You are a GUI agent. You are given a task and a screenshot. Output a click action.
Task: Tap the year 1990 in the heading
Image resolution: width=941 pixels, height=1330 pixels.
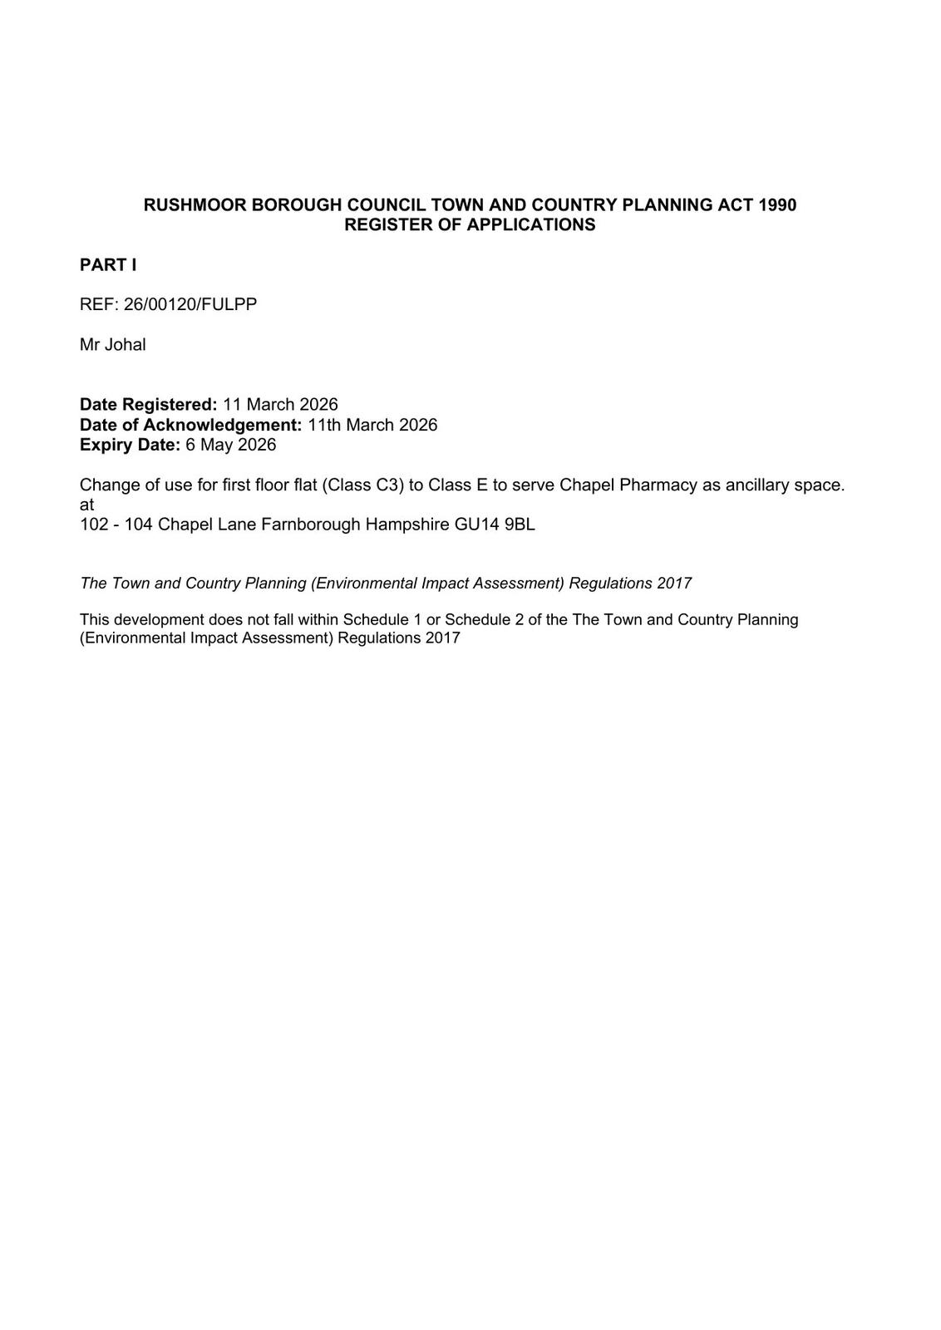[x=777, y=205]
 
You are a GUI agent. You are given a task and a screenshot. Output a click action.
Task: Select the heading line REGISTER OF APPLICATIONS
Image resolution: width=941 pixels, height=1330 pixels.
[x=470, y=225]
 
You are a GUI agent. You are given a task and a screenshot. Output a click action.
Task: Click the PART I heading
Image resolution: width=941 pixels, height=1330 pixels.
[x=108, y=265]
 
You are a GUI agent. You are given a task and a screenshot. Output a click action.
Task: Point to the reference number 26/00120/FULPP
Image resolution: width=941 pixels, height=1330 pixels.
[x=190, y=304]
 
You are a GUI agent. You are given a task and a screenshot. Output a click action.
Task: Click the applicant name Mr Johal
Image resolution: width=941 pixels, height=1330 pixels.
[x=113, y=345]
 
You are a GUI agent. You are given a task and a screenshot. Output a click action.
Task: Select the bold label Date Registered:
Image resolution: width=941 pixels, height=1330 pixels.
[x=148, y=405]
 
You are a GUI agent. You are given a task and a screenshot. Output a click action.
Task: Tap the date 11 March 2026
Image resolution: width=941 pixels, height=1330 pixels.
[x=281, y=405]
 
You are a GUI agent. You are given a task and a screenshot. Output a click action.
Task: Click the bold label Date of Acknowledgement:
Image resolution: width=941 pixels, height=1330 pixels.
[x=190, y=425]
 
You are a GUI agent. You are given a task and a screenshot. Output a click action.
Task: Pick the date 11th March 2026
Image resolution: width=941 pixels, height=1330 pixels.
[x=372, y=425]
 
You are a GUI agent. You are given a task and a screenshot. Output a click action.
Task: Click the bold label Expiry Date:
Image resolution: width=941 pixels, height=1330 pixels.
[x=130, y=445]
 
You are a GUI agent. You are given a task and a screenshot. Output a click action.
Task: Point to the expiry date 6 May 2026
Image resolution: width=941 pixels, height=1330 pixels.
[x=231, y=445]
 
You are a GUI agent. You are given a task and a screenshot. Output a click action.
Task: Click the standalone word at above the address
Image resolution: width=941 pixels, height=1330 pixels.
[x=86, y=505]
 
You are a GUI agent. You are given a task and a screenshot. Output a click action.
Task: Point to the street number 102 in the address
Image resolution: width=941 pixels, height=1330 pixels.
[x=93, y=525]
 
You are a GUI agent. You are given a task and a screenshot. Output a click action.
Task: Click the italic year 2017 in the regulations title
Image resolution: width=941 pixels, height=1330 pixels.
[x=674, y=584]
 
